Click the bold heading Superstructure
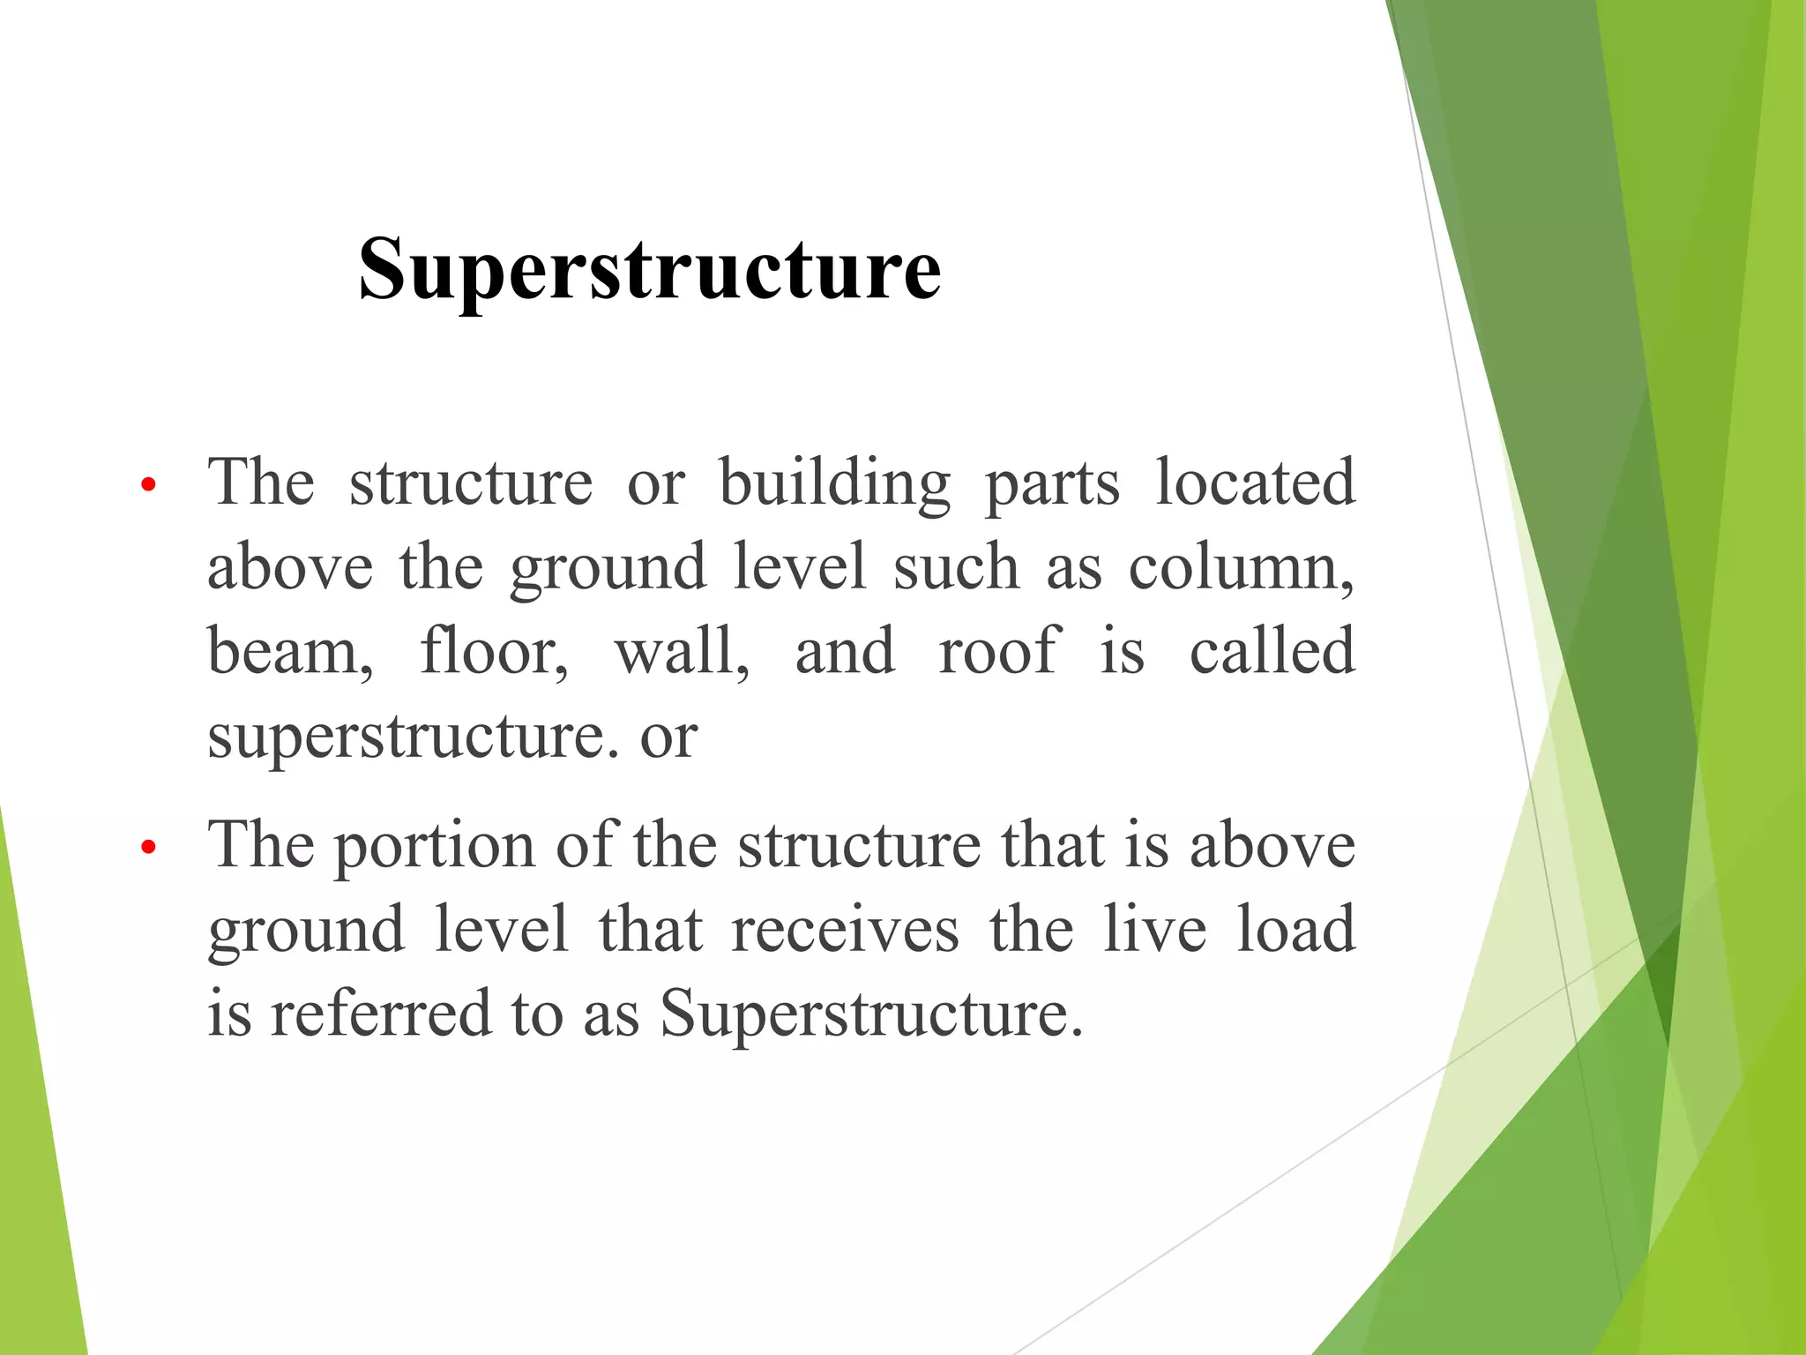(650, 270)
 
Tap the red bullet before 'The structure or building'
(148, 484)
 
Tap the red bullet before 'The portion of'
(148, 848)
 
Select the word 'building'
(834, 484)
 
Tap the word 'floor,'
(494, 651)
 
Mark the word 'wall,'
(683, 651)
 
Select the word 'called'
(1272, 651)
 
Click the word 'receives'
(845, 930)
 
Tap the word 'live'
(1154, 930)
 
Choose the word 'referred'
(380, 1014)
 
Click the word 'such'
(956, 567)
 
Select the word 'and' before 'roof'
(845, 651)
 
